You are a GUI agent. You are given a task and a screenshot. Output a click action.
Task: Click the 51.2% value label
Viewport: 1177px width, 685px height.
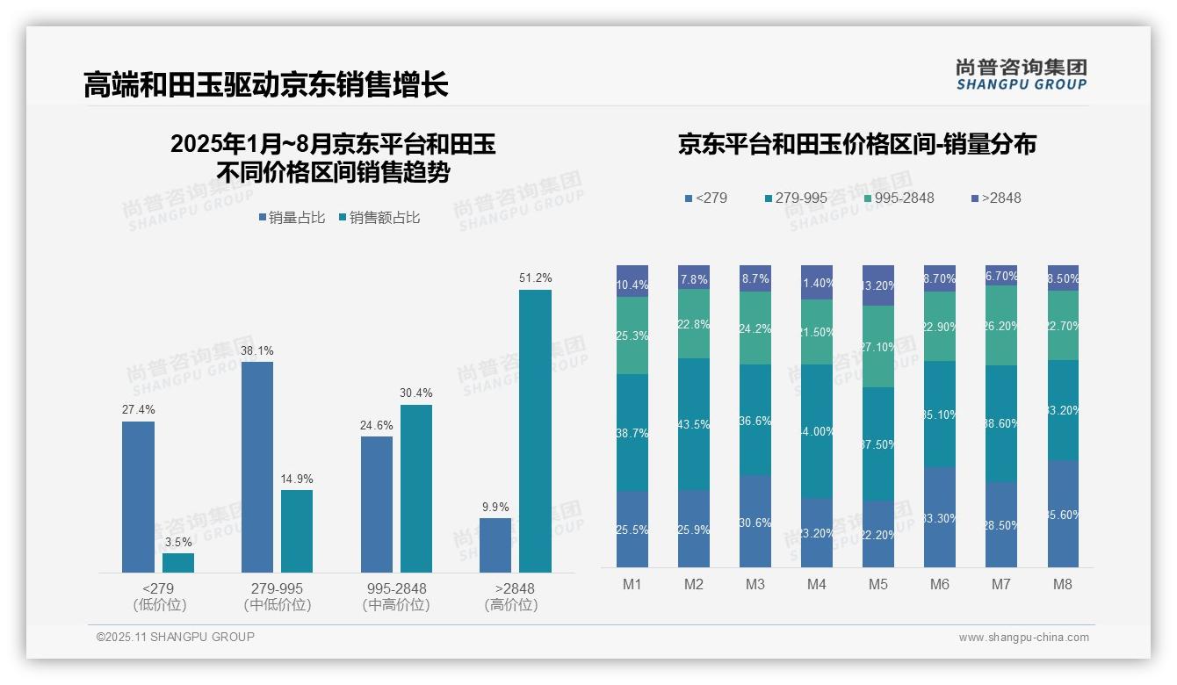click(x=535, y=278)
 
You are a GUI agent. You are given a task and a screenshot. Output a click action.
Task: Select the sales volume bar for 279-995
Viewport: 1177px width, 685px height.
click(x=256, y=466)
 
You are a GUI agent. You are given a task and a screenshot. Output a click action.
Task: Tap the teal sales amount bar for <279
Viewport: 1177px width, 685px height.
click(x=178, y=563)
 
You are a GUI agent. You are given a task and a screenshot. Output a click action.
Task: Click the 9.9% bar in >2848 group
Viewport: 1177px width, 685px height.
click(x=495, y=545)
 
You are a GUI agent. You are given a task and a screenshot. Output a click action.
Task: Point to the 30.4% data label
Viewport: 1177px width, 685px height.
click(x=415, y=393)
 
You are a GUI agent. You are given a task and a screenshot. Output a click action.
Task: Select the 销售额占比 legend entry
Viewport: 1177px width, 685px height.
click(x=379, y=218)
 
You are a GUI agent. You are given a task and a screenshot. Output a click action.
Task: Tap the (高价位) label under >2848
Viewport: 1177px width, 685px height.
click(x=511, y=605)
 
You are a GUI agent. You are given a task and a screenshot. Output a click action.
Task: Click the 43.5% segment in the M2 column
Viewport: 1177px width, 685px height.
click(x=694, y=423)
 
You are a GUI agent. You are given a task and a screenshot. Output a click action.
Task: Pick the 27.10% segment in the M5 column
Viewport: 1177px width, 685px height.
click(x=878, y=346)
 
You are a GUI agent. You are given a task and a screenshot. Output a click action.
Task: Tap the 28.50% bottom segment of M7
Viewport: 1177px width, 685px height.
click(x=1001, y=524)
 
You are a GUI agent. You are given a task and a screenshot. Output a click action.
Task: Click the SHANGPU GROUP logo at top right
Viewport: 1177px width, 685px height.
click(x=1021, y=75)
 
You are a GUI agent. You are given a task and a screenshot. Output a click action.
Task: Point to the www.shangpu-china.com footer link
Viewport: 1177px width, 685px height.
click(x=1023, y=638)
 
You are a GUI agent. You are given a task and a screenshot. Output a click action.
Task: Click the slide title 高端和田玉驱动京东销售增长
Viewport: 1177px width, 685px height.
click(x=266, y=84)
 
